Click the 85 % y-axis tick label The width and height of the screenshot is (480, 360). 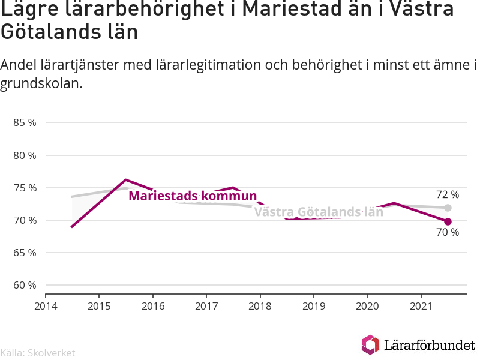[x=25, y=123]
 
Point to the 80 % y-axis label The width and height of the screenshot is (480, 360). [x=25, y=155]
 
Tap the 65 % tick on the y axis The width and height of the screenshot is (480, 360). [x=25, y=253]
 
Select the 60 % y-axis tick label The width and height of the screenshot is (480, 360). [x=25, y=286]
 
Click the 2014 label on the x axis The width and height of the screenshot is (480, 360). [x=46, y=306]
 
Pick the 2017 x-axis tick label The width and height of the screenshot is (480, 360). [x=206, y=306]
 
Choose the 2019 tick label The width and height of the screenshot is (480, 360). [x=314, y=306]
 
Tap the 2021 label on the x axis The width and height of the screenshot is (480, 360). [x=421, y=306]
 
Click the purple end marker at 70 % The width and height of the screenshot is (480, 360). [x=448, y=221]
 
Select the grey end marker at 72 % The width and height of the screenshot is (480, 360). [x=448, y=208]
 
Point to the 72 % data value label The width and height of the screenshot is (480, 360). [x=448, y=194]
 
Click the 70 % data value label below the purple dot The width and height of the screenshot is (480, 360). [x=448, y=232]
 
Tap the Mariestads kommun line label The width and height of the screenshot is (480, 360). [x=193, y=196]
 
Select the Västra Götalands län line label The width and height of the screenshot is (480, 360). [x=319, y=212]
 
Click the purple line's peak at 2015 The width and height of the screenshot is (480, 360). [x=126, y=179]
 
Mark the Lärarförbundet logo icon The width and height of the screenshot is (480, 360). [x=370, y=344]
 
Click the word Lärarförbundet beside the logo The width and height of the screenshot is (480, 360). [x=430, y=345]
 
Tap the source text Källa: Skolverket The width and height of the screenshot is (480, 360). [x=38, y=353]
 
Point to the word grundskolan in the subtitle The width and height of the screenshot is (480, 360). [x=41, y=83]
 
